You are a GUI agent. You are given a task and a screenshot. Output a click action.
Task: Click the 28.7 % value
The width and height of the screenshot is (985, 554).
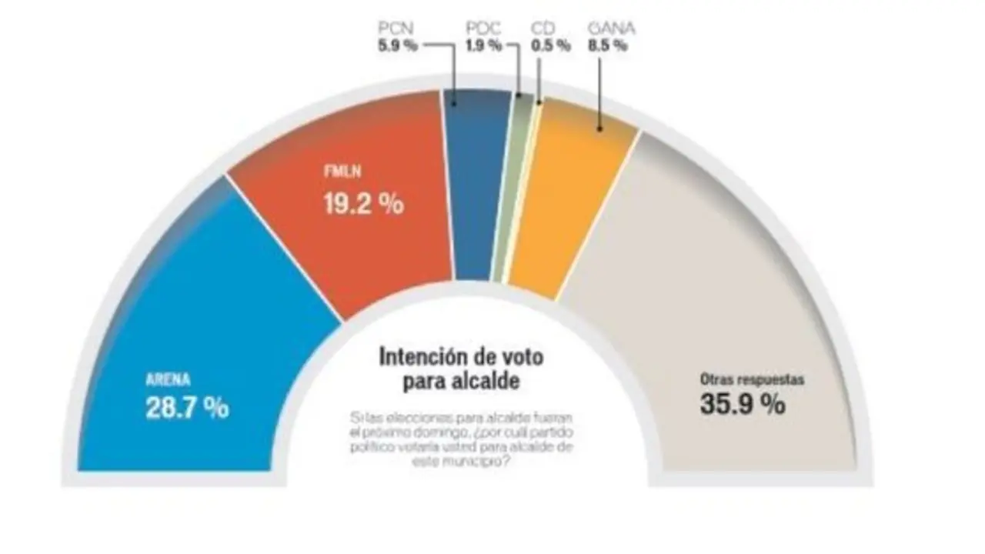click(x=187, y=407)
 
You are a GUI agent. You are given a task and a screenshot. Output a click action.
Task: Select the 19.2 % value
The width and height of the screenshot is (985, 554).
click(x=362, y=204)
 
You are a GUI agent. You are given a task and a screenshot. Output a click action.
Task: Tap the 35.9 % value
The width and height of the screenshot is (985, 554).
click(x=742, y=403)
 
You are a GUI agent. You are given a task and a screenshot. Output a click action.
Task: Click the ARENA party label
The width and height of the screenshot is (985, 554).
click(x=167, y=380)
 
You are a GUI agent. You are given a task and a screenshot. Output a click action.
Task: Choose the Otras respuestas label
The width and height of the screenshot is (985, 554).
click(x=751, y=379)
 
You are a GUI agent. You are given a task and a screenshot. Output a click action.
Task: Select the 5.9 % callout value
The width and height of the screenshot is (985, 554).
click(x=398, y=45)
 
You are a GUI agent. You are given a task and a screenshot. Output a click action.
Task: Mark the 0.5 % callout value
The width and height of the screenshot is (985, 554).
click(x=551, y=45)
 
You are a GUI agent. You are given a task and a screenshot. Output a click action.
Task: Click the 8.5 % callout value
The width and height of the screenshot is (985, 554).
click(x=608, y=45)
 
